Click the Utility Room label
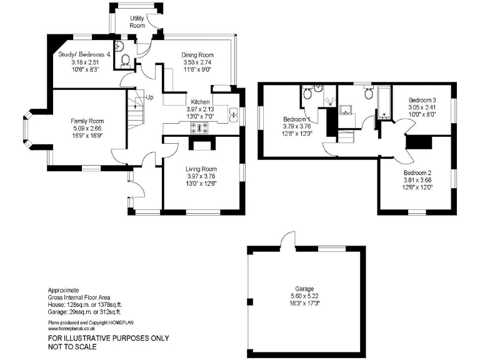(137, 22)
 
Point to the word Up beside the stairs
(149, 97)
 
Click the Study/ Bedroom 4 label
(84, 54)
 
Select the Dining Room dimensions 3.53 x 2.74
(197, 62)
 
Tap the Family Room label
(87, 121)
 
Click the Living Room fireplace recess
(200, 145)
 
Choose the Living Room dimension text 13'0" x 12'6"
(201, 183)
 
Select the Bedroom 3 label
(422, 100)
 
